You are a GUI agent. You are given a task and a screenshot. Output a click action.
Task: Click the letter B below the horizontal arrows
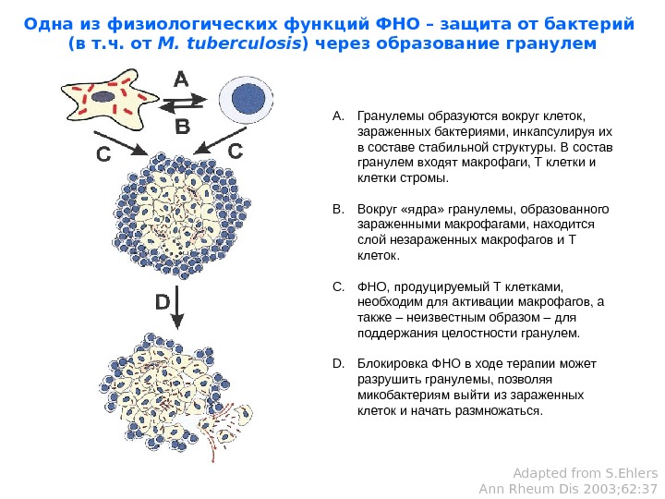coord(182,125)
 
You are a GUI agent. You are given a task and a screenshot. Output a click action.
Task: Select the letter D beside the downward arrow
coord(163,302)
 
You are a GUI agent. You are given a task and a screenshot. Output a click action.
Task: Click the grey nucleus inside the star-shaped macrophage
coord(103,94)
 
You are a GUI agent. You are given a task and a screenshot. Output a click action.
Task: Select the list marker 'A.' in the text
coord(337,117)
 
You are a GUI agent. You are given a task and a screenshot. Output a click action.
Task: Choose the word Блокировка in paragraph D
coord(387,363)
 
